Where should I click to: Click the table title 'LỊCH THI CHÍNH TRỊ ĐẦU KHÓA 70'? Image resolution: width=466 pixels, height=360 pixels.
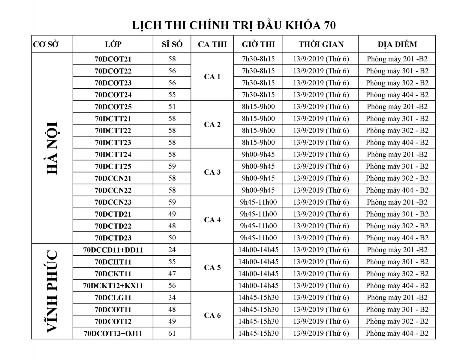click(x=234, y=25)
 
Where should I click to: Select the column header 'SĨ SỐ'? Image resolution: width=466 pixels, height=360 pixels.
click(x=172, y=44)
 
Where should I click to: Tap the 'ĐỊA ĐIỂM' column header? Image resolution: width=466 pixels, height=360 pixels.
click(x=397, y=44)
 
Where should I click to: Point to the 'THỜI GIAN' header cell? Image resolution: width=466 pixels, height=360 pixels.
click(x=321, y=44)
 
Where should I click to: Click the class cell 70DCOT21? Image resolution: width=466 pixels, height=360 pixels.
click(x=113, y=59)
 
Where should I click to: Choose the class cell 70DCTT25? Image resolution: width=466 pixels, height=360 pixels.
click(x=113, y=166)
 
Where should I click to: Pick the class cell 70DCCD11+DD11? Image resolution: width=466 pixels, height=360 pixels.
click(x=113, y=250)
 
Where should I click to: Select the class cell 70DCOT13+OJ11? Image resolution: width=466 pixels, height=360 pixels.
click(x=113, y=333)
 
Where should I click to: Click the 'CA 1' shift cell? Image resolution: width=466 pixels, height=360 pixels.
click(x=212, y=77)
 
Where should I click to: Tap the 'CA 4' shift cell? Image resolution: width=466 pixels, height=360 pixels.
click(x=212, y=220)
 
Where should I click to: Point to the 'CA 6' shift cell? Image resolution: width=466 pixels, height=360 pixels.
click(x=212, y=315)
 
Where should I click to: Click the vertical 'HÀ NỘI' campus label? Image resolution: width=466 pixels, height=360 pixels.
click(x=52, y=148)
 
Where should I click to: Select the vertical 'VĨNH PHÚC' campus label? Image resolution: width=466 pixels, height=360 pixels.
click(x=52, y=291)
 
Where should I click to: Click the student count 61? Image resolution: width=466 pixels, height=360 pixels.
click(x=172, y=333)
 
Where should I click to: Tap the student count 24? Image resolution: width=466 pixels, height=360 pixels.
click(x=172, y=250)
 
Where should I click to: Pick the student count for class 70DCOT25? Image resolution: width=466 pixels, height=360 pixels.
click(x=172, y=107)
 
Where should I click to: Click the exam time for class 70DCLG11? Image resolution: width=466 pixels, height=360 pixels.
click(x=258, y=298)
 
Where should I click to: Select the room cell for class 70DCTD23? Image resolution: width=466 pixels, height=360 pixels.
click(x=397, y=238)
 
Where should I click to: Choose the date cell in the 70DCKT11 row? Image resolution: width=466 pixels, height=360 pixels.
click(x=321, y=274)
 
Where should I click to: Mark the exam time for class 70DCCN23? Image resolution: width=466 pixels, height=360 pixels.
click(x=258, y=202)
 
